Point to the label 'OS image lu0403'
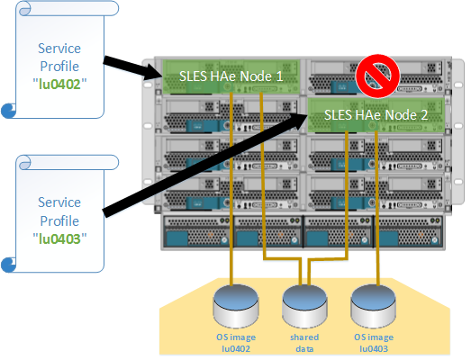click(x=374, y=342)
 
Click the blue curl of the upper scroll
click(x=9, y=111)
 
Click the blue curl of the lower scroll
click(x=9, y=264)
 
